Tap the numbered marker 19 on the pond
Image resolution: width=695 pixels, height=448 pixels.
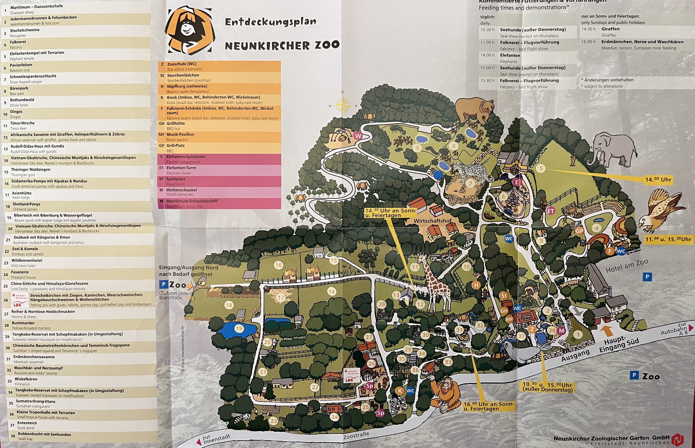click(239, 329)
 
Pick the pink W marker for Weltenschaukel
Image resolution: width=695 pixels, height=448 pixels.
click(358, 136)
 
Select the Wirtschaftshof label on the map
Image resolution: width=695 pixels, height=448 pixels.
click(432, 221)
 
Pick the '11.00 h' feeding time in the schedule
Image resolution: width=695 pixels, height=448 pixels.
click(487, 43)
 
